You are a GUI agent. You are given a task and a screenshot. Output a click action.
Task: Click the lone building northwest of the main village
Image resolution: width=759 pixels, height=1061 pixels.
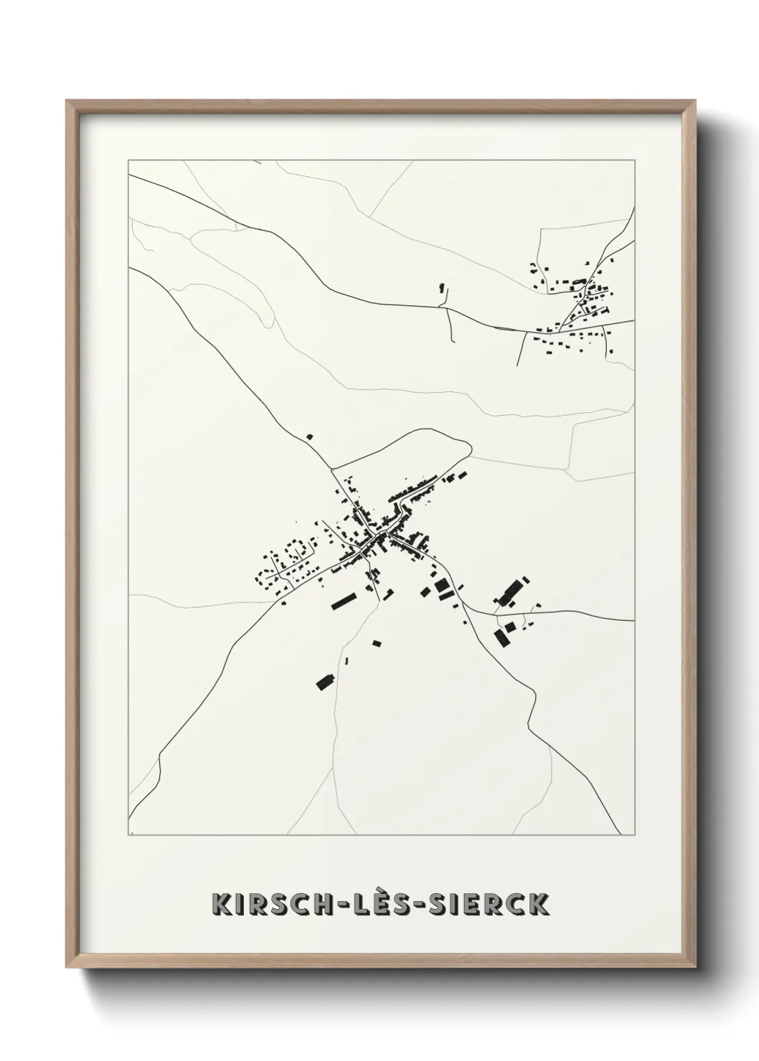coord(310,436)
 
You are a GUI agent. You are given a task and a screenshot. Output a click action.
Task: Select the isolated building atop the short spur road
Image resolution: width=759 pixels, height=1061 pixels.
coord(442,287)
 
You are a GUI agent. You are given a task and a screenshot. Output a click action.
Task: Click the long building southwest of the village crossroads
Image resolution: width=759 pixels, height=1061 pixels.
coord(344,601)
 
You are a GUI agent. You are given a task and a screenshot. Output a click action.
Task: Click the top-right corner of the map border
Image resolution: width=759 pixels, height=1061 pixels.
coord(634,156)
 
